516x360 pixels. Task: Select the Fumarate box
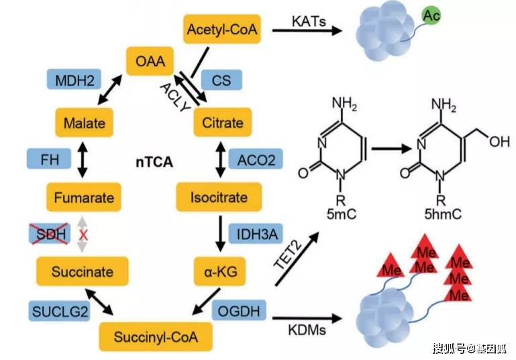pos(83,197)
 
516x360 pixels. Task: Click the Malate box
pos(83,123)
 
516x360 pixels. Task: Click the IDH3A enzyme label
pos(255,234)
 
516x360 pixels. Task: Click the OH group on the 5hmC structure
pos(496,142)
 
